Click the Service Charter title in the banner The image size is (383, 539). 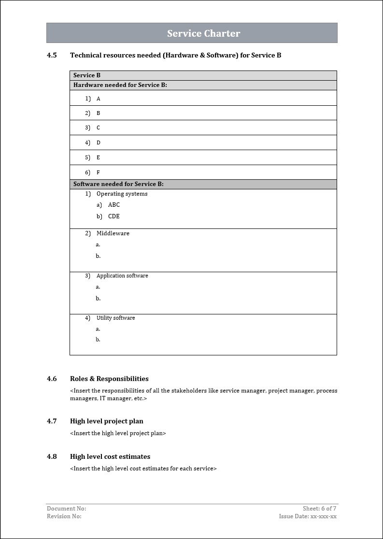[203, 33]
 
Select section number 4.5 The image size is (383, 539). [52, 55]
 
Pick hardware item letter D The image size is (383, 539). [99, 143]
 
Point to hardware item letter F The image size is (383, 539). [99, 172]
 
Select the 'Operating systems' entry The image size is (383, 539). [122, 194]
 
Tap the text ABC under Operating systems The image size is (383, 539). [114, 205]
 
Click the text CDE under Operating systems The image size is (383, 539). [114, 216]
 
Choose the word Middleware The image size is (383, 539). [113, 233]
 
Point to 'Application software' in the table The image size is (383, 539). [122, 276]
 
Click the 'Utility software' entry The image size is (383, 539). [115, 318]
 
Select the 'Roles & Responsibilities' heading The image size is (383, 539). [109, 379]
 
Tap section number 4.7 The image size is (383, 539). [52, 421]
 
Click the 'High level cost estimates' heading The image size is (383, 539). [110, 456]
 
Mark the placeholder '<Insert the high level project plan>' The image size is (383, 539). [118, 433]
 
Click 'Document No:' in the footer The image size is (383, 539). [66, 509]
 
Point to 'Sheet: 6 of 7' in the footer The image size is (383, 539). [319, 509]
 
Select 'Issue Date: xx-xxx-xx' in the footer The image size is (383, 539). [308, 516]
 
